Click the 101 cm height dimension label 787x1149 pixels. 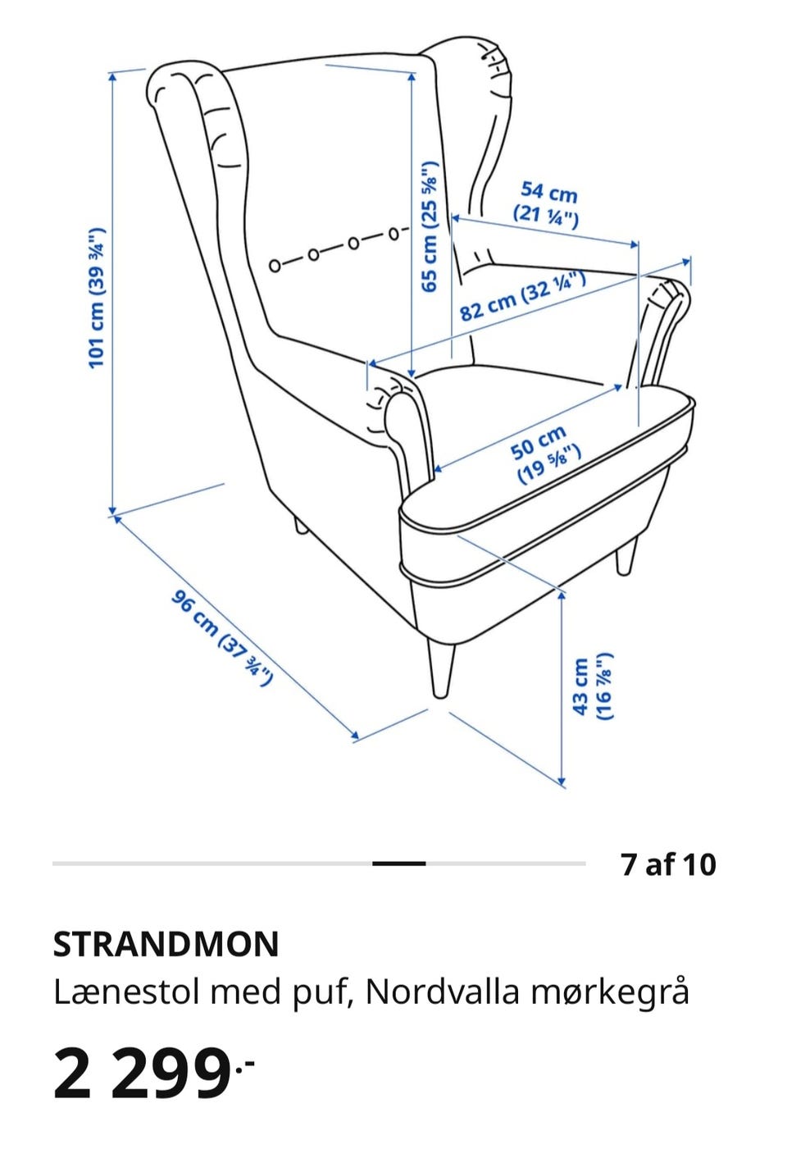coord(97,298)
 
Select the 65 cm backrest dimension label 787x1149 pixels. coord(430,226)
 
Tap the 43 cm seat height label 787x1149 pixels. coord(592,686)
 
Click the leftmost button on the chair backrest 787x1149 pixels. coord(275,266)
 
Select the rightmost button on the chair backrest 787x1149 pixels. coord(393,235)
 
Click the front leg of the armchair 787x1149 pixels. coord(440,668)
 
